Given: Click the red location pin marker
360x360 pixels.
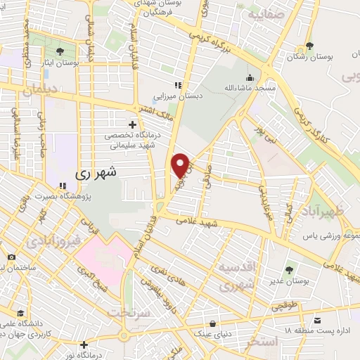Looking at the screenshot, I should pyautogui.click(x=181, y=165).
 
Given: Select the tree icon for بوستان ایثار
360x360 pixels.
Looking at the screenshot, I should pyautogui.click(x=61, y=51).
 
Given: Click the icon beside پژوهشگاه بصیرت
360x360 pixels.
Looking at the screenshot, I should pyautogui.click(x=62, y=186).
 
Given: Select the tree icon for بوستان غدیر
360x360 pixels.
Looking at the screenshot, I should pyautogui.click(x=290, y=269).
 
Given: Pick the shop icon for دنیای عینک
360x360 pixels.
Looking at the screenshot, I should pyautogui.click(x=215, y=324).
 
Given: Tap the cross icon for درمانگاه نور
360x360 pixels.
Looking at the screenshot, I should pyautogui.click(x=84, y=345).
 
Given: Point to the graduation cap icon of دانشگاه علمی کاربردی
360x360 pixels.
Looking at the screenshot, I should pyautogui.click(x=22, y=313).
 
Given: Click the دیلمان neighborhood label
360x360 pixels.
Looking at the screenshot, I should pyautogui.click(x=43, y=90).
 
